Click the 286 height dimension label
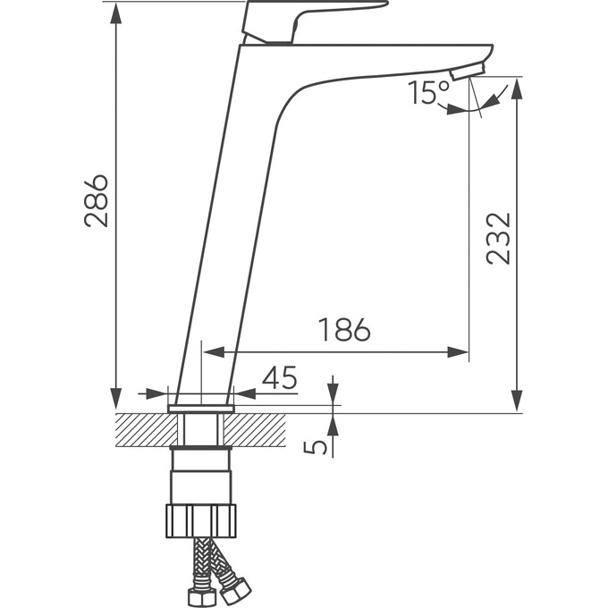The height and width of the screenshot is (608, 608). point(97,200)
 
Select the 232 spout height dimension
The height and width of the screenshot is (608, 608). point(498,238)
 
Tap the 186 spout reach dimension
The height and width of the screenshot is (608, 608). point(344,330)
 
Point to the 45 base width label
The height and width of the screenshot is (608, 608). point(279,378)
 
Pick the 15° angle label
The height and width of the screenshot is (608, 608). point(429,92)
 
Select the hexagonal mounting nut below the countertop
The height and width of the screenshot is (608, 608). point(200,520)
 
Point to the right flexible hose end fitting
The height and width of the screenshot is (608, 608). point(237,589)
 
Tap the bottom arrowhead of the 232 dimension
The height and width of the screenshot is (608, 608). point(516,401)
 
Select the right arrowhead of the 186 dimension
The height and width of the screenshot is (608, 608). point(460,352)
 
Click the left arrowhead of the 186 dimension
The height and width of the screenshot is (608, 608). point(212,352)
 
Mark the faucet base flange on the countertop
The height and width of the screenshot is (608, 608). point(200,409)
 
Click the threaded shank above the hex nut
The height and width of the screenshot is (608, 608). point(200,474)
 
